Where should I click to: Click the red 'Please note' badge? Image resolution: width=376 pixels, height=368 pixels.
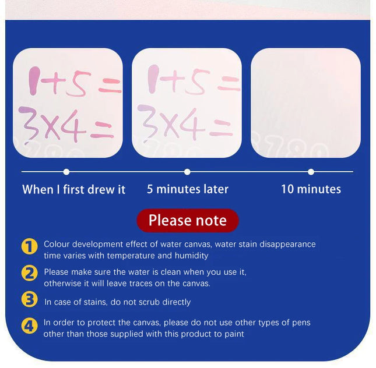187,221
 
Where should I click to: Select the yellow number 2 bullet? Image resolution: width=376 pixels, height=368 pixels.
30,273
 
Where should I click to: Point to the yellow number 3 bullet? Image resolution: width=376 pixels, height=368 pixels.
30,299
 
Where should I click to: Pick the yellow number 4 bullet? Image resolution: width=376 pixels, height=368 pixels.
30,325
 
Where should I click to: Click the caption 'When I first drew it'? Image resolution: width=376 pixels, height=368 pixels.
74,189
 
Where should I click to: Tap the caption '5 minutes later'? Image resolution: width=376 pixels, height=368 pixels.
188,189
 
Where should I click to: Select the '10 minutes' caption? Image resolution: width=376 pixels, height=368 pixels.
311,189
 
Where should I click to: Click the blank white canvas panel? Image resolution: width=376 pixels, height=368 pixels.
305,102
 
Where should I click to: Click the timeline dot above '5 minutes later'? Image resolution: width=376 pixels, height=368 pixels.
187,172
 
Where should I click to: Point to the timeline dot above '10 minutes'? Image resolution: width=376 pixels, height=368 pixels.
311,172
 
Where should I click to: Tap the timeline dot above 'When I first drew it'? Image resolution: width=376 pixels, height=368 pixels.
66,172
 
